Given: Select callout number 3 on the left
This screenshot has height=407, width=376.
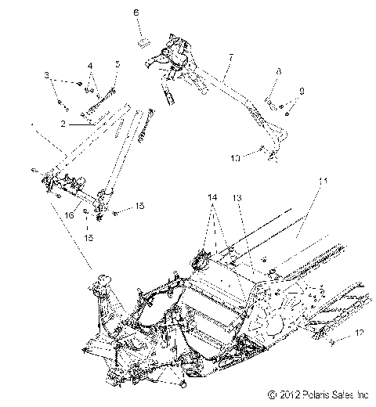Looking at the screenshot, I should point(47,75).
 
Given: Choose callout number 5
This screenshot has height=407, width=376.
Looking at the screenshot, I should point(117,64).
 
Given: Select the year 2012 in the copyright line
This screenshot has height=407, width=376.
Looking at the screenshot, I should point(285,394).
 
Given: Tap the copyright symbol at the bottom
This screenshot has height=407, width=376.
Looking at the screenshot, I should point(270,394).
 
